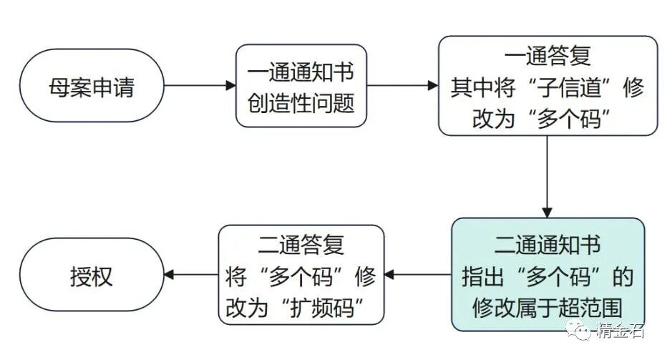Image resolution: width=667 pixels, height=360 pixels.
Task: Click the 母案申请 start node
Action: tap(92, 86)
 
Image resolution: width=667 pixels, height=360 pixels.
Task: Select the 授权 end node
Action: tap(92, 275)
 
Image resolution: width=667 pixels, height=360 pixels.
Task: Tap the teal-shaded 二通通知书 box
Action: tap(547, 275)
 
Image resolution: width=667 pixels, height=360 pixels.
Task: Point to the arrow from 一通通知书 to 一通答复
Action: tap(402, 86)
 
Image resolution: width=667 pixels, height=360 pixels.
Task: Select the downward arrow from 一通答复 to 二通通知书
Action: tap(547, 176)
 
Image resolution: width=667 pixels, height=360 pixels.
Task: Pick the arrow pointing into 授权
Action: tap(191, 275)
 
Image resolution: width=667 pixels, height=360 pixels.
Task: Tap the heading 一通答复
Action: tap(547, 57)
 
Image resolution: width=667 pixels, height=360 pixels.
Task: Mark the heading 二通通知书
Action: tap(547, 245)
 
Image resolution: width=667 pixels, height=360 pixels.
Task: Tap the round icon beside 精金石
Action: tap(578, 330)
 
